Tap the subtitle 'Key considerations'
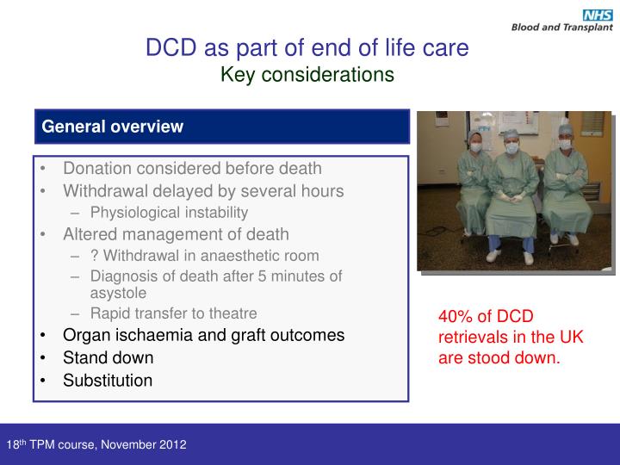click(x=307, y=75)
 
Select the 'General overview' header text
click(x=113, y=127)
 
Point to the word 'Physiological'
click(x=131, y=212)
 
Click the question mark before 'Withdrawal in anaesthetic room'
click(x=93, y=255)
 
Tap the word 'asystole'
click(x=118, y=293)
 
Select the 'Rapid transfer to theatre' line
click(x=173, y=313)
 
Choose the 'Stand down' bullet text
click(x=108, y=357)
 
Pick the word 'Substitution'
click(x=108, y=380)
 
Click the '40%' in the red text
click(x=456, y=318)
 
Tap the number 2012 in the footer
click(x=172, y=445)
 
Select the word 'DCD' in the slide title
click(x=170, y=47)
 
